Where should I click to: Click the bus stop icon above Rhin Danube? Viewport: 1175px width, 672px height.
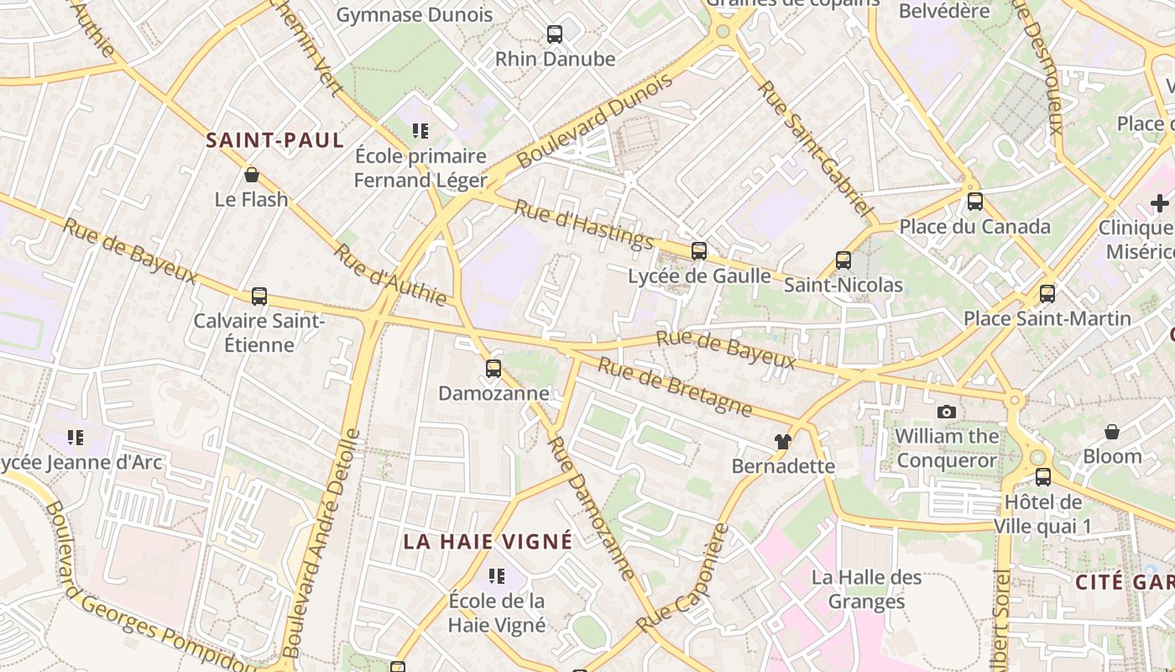pyautogui.click(x=554, y=34)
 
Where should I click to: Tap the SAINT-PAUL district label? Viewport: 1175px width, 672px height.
pyautogui.click(x=275, y=140)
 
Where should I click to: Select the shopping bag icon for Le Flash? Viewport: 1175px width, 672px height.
pyautogui.click(x=251, y=175)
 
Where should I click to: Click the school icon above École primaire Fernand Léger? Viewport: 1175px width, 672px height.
pyautogui.click(x=420, y=131)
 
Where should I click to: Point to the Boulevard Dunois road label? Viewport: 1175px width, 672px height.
pyautogui.click(x=594, y=120)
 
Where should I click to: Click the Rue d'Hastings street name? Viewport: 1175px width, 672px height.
pyautogui.click(x=583, y=224)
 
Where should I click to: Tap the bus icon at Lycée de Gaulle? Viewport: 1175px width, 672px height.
pyautogui.click(x=698, y=250)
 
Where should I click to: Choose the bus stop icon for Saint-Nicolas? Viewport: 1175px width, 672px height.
pyautogui.click(x=843, y=260)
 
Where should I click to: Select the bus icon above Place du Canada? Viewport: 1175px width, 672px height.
pyautogui.click(x=974, y=202)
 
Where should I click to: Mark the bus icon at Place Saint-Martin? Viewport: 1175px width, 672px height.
pyautogui.click(x=1047, y=294)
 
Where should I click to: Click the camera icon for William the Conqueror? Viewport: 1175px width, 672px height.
pyautogui.click(x=947, y=412)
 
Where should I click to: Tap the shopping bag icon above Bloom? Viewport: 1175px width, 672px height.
pyautogui.click(x=1111, y=432)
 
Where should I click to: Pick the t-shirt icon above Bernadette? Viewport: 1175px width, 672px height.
pyautogui.click(x=782, y=441)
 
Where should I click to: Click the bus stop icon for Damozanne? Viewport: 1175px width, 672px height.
pyautogui.click(x=493, y=369)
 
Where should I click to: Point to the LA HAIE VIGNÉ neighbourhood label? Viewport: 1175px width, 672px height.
pyautogui.click(x=488, y=542)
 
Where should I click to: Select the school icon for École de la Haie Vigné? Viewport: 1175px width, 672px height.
pyautogui.click(x=496, y=576)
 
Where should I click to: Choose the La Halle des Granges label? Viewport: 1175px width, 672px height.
pyautogui.click(x=866, y=590)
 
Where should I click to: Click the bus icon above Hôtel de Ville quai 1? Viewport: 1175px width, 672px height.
pyautogui.click(x=1042, y=477)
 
